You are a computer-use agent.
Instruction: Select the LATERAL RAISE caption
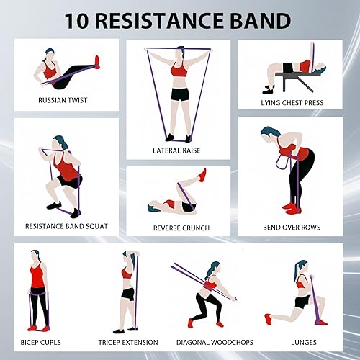click(176, 150)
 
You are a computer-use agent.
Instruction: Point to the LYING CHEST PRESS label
click(292, 102)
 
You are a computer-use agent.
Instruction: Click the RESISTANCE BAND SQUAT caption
click(66, 226)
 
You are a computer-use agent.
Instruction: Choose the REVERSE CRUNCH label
click(181, 228)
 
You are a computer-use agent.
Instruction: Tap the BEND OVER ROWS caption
click(292, 228)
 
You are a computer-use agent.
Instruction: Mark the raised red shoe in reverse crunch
click(203, 175)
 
